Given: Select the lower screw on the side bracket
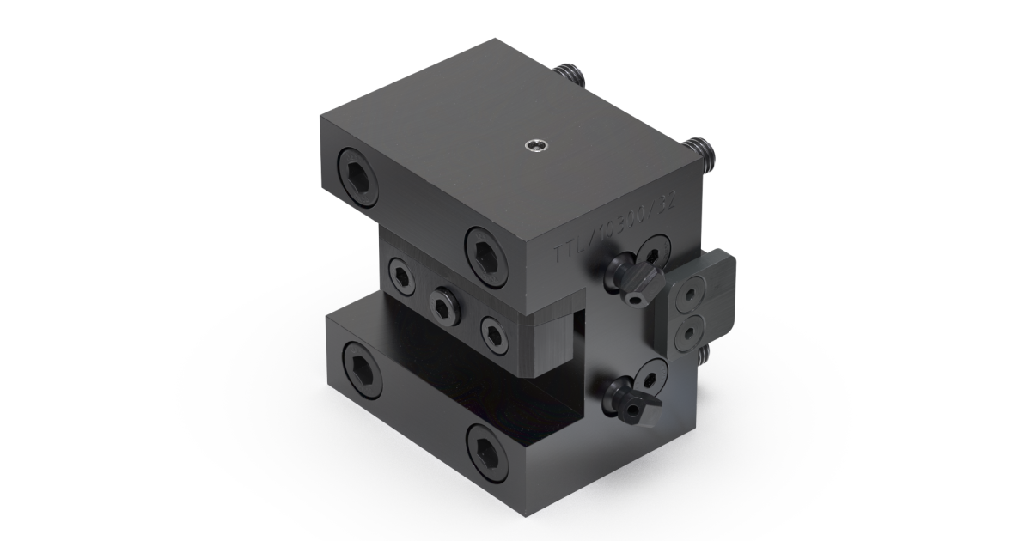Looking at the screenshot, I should tap(689, 330).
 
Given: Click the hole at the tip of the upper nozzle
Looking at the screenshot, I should tap(635, 300).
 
